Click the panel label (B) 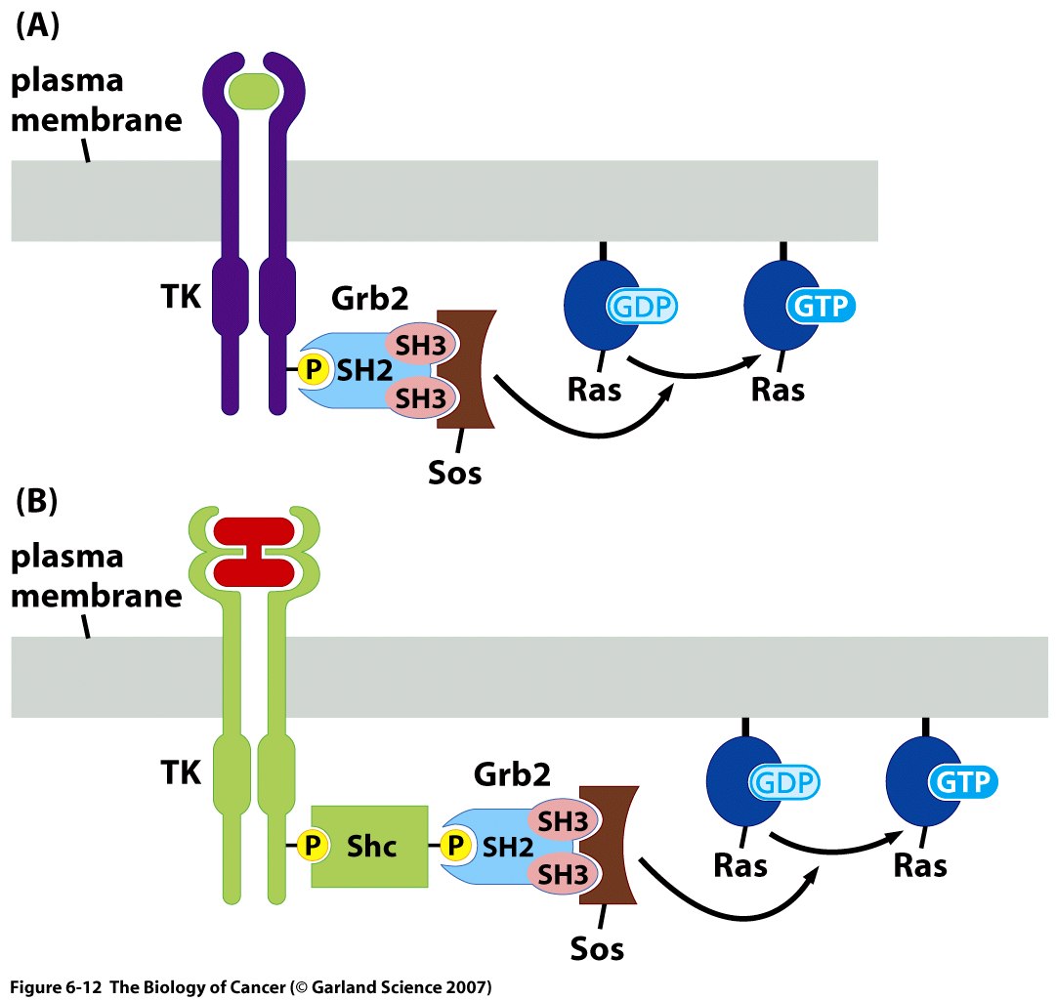37,503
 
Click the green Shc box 369,846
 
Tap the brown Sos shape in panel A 467,369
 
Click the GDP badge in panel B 783,781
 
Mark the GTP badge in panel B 962,781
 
